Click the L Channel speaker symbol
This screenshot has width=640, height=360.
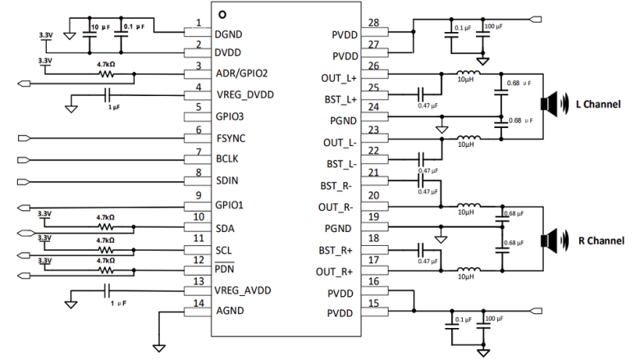pos(548,103)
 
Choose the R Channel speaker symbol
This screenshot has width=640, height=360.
pos(548,239)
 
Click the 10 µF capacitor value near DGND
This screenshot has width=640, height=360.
pos(100,27)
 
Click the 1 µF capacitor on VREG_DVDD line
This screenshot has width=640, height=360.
pos(109,95)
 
